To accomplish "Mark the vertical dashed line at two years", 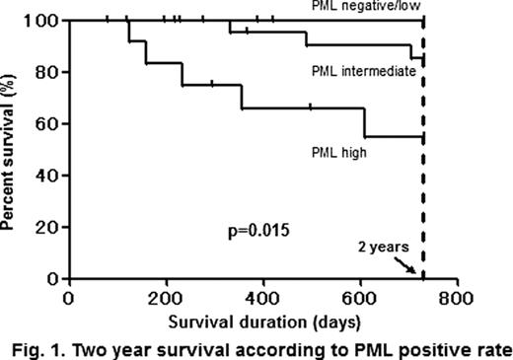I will pyautogui.click(x=422, y=148).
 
